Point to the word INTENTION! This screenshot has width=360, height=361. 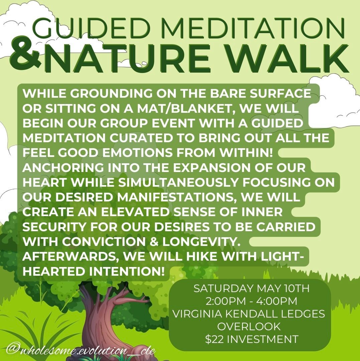[127, 271]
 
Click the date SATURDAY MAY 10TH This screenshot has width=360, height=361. [251, 288]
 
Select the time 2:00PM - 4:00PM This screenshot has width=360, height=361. [251, 301]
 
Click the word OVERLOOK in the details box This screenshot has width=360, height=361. [249, 327]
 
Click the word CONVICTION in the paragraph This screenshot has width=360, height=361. [104, 242]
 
